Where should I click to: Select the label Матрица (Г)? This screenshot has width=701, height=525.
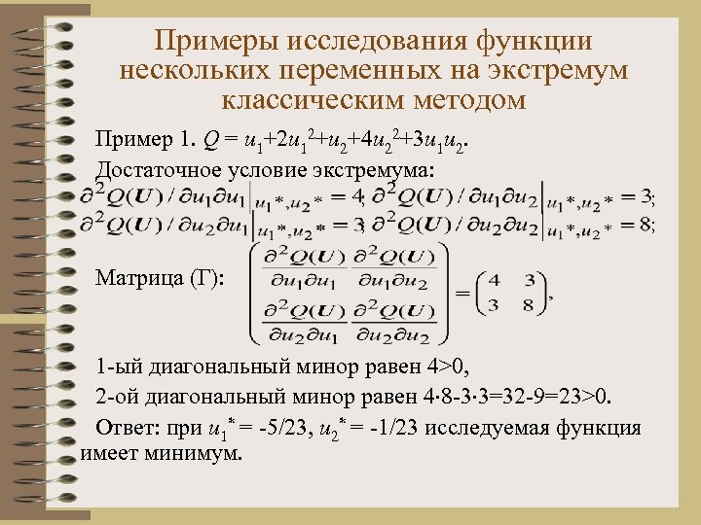[160, 279]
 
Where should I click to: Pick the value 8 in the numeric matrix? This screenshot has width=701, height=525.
[529, 305]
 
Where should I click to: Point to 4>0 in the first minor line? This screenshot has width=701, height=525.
[446, 368]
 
